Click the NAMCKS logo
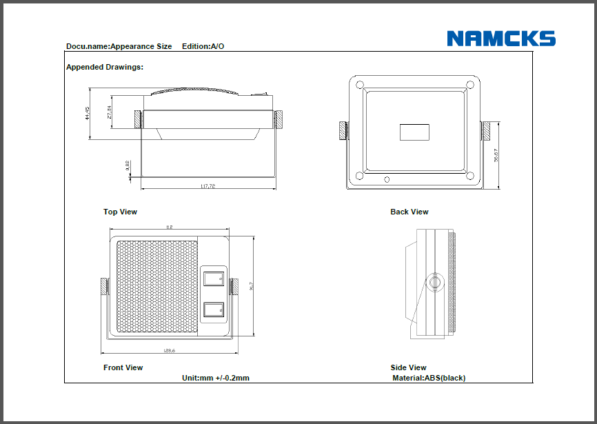500,38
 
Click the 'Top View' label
120,212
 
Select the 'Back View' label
409,212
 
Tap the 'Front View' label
123,367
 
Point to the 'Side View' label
408,367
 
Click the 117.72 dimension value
208,185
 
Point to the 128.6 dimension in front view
169,351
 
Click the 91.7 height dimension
252,285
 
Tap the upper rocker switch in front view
213,278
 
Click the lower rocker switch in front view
213,310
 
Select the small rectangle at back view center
414,131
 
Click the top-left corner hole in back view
360,85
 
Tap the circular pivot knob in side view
434,283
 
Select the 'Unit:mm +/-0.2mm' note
215,378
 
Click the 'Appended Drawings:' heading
105,68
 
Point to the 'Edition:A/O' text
203,46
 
